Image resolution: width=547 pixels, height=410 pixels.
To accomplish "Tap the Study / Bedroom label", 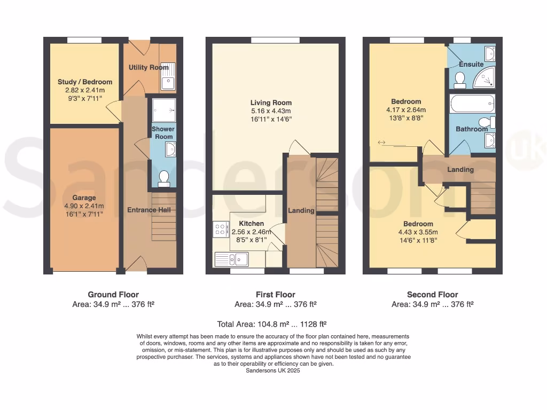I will click(x=85, y=82).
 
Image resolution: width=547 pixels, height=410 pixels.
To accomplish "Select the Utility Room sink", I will click(x=167, y=82).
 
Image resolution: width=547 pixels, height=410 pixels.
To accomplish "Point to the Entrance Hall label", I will click(x=149, y=210).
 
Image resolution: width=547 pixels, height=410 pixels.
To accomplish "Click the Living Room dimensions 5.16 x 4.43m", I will click(x=271, y=111).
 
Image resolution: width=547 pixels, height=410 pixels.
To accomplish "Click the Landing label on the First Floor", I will click(x=301, y=210).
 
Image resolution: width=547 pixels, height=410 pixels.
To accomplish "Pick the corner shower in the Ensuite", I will click(x=486, y=78).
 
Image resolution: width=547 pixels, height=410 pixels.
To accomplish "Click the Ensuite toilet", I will click(x=459, y=80).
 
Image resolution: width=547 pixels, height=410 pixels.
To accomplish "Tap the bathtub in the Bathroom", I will click(x=472, y=104).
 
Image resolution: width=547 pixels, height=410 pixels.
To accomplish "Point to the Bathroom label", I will click(x=472, y=129).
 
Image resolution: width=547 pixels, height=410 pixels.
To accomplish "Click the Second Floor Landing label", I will click(x=460, y=170).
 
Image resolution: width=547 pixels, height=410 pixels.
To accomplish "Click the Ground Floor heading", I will click(x=113, y=294).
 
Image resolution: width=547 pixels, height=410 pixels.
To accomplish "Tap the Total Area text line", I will click(x=272, y=324).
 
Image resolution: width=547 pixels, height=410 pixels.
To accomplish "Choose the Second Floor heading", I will click(x=432, y=294).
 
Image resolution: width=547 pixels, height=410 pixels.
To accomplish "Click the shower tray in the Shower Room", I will click(x=163, y=110).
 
